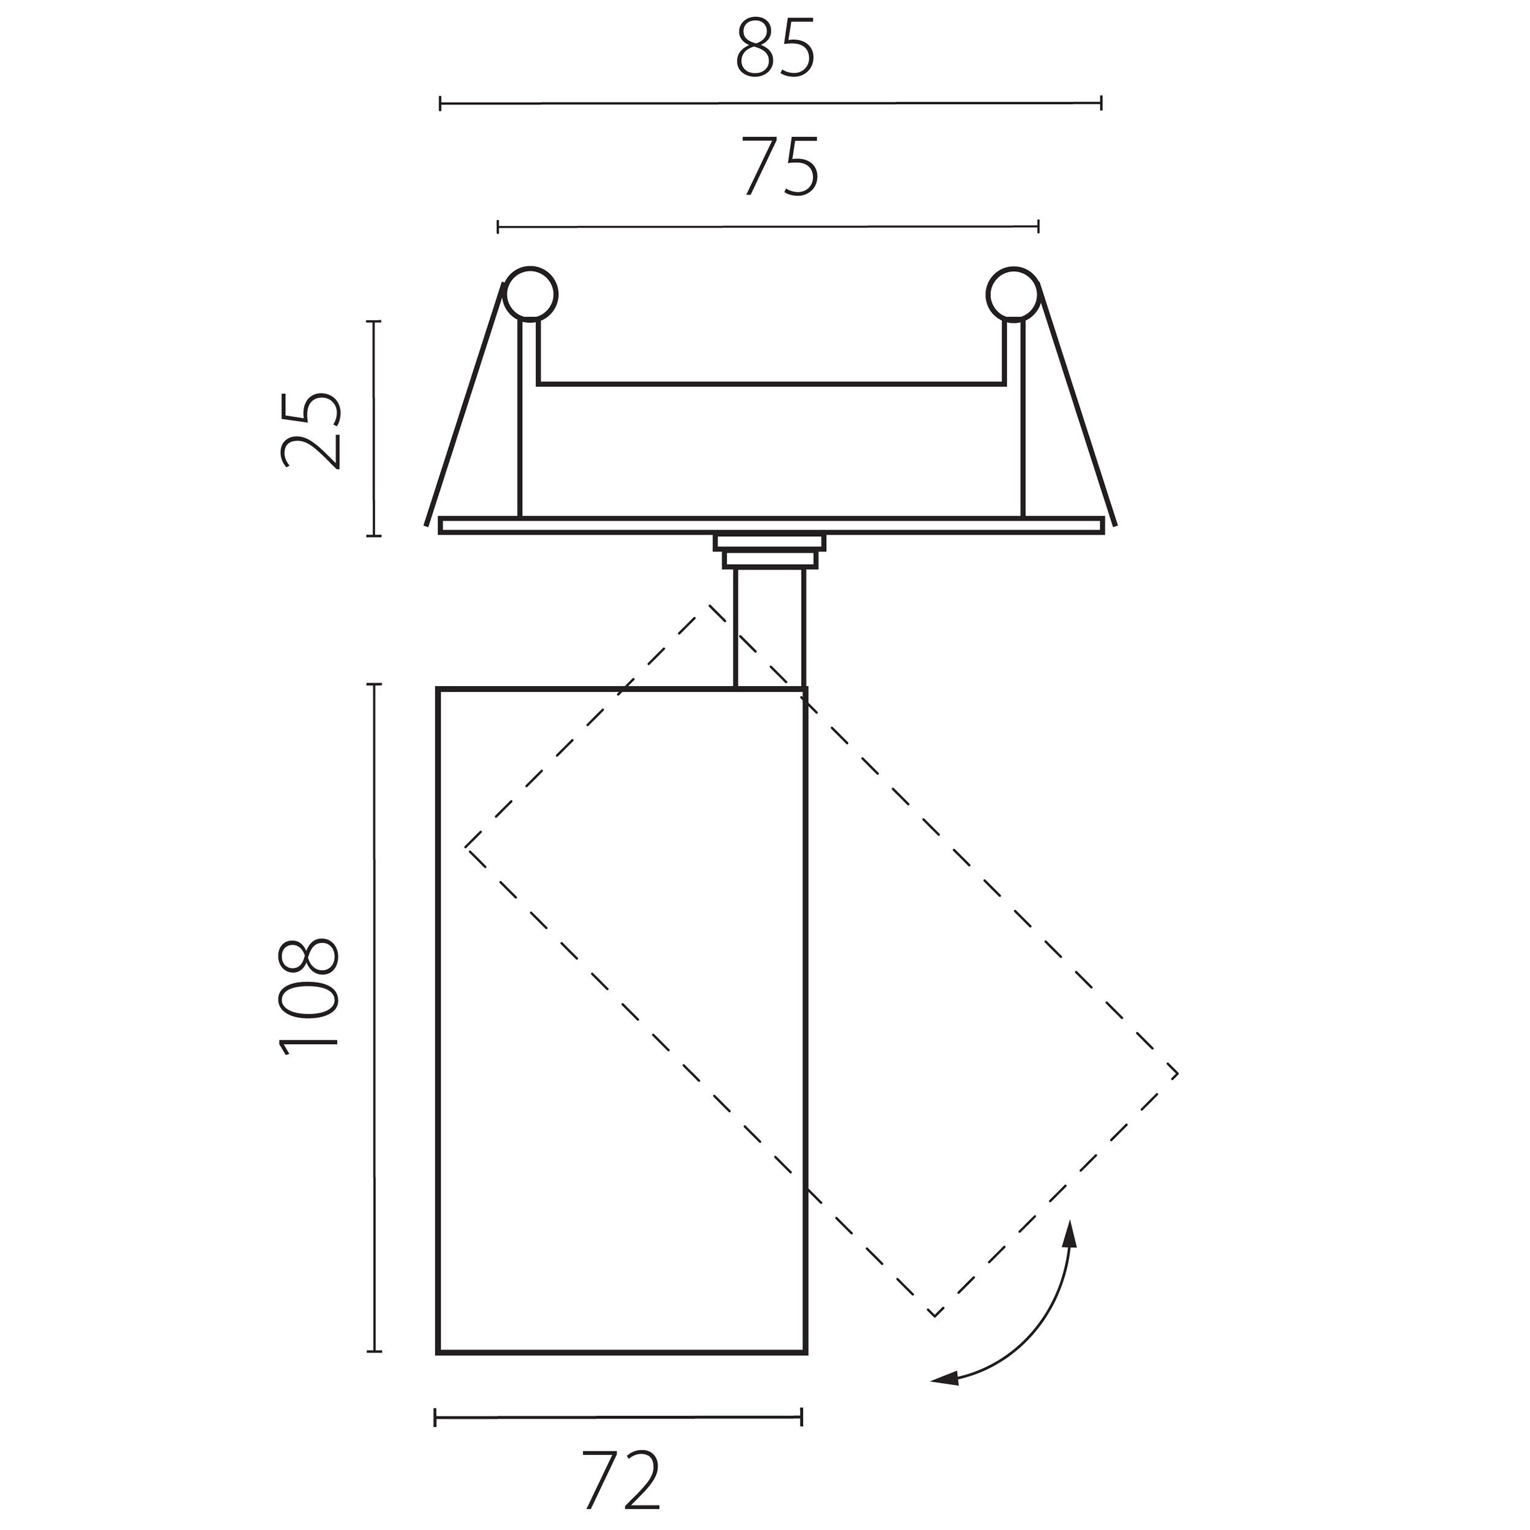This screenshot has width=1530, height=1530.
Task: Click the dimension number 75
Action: [780, 167]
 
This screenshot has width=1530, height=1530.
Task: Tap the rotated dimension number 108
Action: [310, 997]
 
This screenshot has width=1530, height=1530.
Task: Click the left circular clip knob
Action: [530, 294]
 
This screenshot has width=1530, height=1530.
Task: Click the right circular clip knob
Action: [1013, 294]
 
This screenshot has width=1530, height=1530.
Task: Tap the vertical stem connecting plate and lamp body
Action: [770, 628]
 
